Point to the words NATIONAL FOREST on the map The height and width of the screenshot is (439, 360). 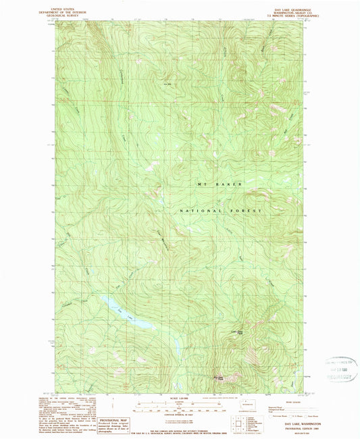click(220, 211)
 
